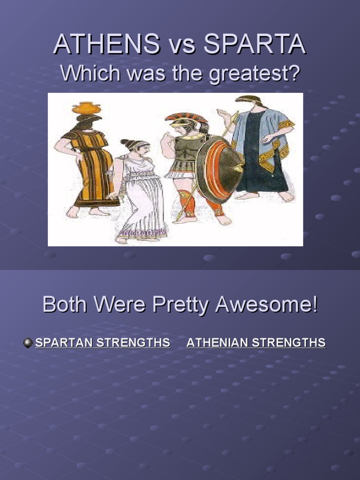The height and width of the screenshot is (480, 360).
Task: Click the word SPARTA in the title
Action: [256, 45]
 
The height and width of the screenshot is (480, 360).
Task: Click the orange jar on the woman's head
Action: [86, 108]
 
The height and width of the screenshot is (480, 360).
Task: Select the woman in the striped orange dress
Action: [91, 164]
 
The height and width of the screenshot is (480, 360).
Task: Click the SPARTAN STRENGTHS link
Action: [103, 343]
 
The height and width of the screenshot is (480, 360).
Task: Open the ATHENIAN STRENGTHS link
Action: [256, 343]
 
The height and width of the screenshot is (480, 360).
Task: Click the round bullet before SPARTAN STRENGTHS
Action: [28, 343]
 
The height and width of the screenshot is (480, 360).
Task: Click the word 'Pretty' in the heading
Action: [181, 305]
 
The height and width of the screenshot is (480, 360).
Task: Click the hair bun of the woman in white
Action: [125, 142]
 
